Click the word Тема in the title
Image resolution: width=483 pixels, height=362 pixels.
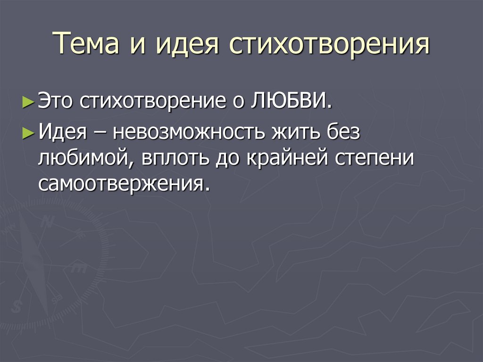tap(86, 45)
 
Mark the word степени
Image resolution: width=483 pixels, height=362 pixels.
tap(374, 159)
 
